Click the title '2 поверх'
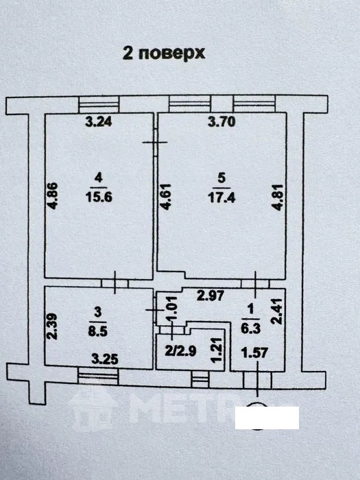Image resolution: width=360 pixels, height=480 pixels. pos(163,53)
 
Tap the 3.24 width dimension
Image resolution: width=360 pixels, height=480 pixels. pos(99,121)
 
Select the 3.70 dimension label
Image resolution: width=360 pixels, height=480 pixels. pos(221,121)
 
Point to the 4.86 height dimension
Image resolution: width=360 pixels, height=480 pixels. pos(52,196)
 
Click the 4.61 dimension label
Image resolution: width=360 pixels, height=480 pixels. pos(166,197)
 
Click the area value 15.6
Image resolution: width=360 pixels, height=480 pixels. pos(99,197)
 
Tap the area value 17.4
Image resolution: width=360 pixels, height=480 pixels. pos(221,197)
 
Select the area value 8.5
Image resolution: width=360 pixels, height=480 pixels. pos(97,331)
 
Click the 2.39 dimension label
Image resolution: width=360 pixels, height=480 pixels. pos(52,326)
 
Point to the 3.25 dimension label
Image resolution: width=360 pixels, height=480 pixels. pos(105,359)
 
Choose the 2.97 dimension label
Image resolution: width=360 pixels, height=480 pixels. pos(211,296)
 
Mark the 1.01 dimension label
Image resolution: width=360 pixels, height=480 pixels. pos(173,309)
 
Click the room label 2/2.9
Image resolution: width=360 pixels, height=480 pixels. pos(180,351)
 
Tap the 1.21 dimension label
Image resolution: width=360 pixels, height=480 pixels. pos(216,350)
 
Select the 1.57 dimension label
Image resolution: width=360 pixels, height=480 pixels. pos(254,353)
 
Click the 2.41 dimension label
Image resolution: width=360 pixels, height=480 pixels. pos(277,311)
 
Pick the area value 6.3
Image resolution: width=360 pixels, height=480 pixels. pos(251,328)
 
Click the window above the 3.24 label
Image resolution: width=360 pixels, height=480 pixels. pos(99,104)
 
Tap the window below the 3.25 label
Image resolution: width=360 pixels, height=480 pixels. pos(98,376)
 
